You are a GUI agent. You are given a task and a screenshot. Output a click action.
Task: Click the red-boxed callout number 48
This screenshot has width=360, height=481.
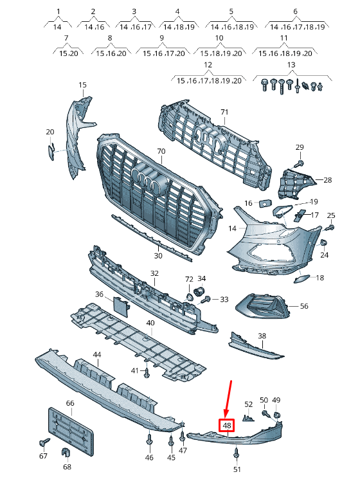227,426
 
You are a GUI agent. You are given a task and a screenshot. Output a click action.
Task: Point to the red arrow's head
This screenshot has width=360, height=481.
226,415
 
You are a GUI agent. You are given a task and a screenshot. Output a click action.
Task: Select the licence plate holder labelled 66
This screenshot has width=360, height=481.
71,431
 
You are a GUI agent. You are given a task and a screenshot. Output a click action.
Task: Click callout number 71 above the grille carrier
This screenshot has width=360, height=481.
224,113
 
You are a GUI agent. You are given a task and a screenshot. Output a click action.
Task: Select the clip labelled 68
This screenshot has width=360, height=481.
66,453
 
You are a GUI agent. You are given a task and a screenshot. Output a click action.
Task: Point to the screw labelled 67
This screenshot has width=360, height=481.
44,442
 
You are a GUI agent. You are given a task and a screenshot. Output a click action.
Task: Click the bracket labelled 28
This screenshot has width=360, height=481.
294,183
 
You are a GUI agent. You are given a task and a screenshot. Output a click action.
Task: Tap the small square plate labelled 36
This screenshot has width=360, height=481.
122,307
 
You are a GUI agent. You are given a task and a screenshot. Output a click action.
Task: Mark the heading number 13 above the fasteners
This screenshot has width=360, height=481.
291,65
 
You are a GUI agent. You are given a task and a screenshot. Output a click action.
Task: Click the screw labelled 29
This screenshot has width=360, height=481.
299,163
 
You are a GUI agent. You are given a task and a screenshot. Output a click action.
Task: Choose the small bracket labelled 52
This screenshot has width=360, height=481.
249,418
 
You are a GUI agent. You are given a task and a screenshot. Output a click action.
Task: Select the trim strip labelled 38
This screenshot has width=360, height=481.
255,346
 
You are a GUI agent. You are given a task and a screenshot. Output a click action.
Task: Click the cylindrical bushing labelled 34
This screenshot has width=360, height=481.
201,290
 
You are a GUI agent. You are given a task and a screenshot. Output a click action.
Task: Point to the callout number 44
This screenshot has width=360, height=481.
97,354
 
